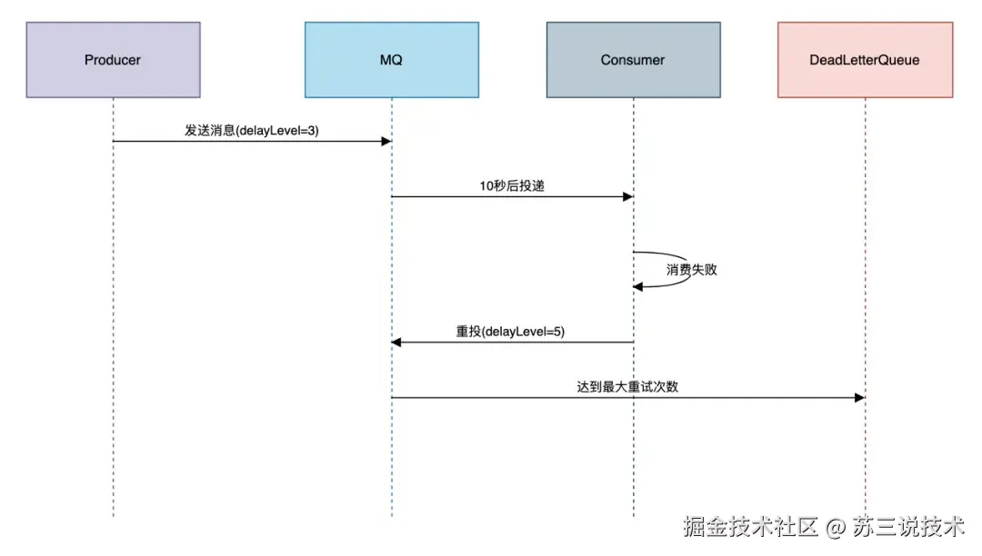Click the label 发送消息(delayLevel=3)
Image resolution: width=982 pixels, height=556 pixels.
pyautogui.click(x=252, y=131)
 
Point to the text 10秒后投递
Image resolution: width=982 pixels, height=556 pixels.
pyautogui.click(x=512, y=185)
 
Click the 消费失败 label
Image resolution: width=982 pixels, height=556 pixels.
pyautogui.click(x=691, y=270)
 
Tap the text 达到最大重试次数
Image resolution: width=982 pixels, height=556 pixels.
pyautogui.click(x=627, y=386)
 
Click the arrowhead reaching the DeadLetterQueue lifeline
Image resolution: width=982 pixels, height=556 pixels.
pyautogui.click(x=858, y=397)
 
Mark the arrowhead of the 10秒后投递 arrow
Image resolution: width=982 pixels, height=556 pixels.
pyautogui.click(x=626, y=196)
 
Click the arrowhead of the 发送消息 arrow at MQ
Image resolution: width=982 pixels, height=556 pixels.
pyautogui.click(x=386, y=141)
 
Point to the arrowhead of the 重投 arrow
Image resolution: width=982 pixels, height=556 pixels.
pyautogui.click(x=397, y=343)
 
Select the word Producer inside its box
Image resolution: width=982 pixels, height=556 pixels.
pyautogui.click(x=113, y=60)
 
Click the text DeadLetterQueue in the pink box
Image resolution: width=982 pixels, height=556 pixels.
pyautogui.click(x=865, y=60)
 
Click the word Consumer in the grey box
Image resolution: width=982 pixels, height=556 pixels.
pyautogui.click(x=633, y=60)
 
